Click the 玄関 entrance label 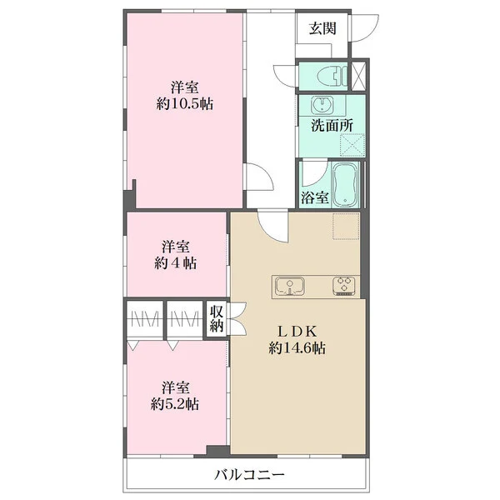click(322, 28)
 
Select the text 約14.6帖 click(297, 348)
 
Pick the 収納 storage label click(217, 318)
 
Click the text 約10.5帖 click(185, 105)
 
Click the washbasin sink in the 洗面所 click(320, 106)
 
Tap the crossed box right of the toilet click(360, 76)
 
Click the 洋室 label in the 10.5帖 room click(185, 87)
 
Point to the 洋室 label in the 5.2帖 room click(175, 387)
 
